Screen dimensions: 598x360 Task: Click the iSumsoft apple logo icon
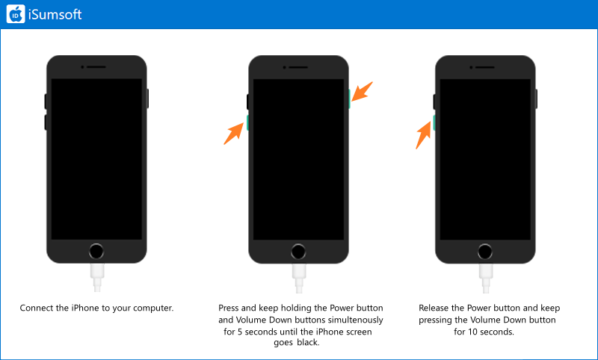(16, 14)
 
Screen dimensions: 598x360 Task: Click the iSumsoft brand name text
(55, 14)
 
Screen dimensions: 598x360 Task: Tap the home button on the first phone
(96, 252)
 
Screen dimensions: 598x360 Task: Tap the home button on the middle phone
(298, 252)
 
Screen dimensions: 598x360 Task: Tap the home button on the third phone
(485, 252)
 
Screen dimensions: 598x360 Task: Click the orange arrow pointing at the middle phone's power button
(362, 91)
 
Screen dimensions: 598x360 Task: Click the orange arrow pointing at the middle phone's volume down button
(234, 134)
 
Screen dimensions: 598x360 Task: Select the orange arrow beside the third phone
(423, 136)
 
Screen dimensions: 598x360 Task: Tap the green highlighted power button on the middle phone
(349, 99)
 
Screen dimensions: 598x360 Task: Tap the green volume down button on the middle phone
(248, 122)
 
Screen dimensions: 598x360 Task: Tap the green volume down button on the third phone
(434, 122)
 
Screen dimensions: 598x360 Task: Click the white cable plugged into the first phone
(97, 278)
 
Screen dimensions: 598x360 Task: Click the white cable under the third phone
(485, 278)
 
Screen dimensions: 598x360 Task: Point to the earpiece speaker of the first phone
(96, 67)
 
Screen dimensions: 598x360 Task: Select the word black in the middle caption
(308, 342)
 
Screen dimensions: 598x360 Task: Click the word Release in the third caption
(434, 308)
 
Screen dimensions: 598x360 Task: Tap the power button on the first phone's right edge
(147, 99)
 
